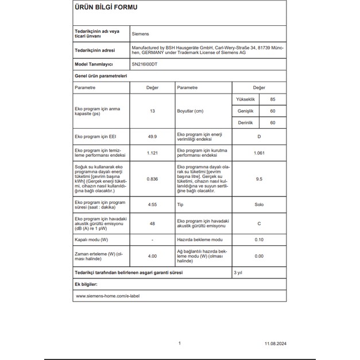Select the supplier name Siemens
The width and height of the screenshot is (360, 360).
tap(140, 34)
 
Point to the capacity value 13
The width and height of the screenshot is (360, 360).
tap(152, 111)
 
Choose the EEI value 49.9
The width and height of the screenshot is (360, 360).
tap(152, 137)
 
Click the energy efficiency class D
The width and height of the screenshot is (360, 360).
tap(259, 137)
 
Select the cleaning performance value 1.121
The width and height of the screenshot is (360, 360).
tap(152, 153)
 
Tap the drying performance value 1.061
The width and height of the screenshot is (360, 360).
tap(259, 153)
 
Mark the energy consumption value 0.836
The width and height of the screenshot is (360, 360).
tap(152, 179)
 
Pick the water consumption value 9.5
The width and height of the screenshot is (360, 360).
tap(259, 179)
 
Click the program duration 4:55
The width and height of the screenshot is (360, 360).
tap(152, 204)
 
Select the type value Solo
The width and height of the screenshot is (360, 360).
tap(259, 204)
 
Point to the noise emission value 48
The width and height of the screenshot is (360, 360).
tap(152, 223)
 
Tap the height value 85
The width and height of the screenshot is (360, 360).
tap(273, 99)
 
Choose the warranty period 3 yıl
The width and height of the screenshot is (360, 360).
tap(239, 272)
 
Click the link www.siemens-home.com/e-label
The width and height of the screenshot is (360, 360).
tap(108, 296)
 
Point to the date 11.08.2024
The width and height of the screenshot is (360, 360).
tap(274, 343)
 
